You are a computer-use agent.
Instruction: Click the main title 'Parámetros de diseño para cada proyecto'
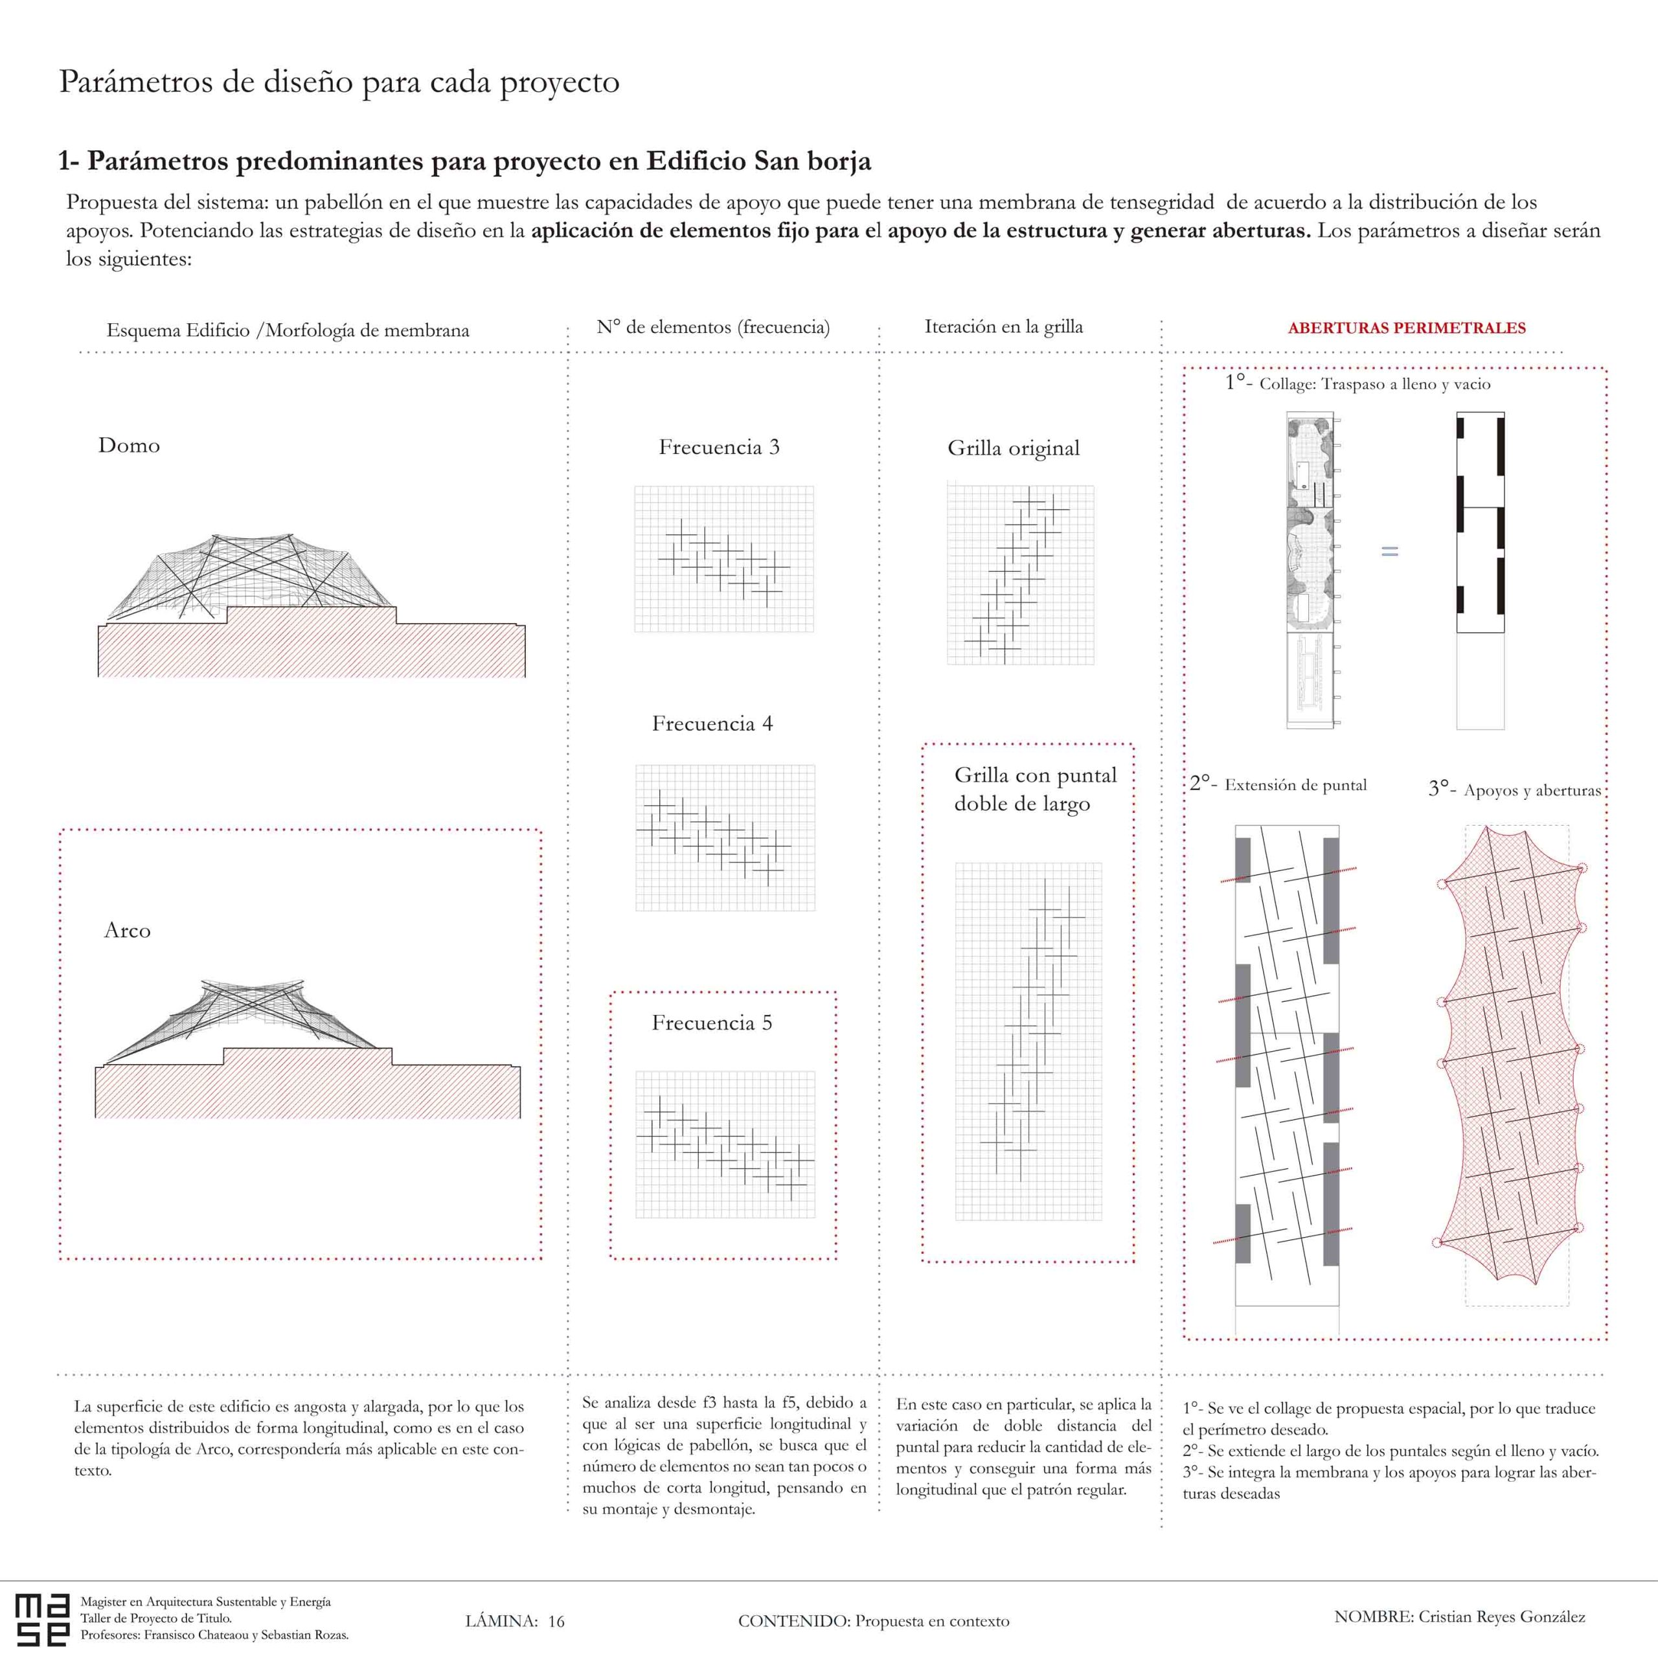(x=339, y=82)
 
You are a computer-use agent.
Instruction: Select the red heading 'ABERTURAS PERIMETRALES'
(x=1407, y=328)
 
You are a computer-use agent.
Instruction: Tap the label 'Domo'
(x=129, y=446)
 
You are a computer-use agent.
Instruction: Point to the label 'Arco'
(x=127, y=930)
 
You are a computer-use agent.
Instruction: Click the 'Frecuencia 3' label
(x=718, y=447)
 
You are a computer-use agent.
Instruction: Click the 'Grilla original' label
(x=1013, y=448)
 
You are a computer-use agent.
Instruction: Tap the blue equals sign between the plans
(x=1389, y=552)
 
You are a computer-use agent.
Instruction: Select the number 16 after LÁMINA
(x=556, y=1621)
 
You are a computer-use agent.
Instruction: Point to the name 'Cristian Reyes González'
(x=1501, y=1617)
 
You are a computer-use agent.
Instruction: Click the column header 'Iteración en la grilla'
(x=1003, y=327)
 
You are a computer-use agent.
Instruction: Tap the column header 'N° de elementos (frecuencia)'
(x=713, y=327)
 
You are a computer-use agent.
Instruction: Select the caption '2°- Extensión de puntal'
(x=1278, y=784)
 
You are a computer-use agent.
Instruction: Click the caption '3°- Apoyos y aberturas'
(x=1515, y=789)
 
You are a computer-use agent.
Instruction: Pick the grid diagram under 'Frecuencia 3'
(x=723, y=560)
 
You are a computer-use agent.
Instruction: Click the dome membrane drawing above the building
(x=249, y=575)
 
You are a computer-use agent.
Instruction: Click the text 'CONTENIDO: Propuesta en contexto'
(x=873, y=1621)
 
